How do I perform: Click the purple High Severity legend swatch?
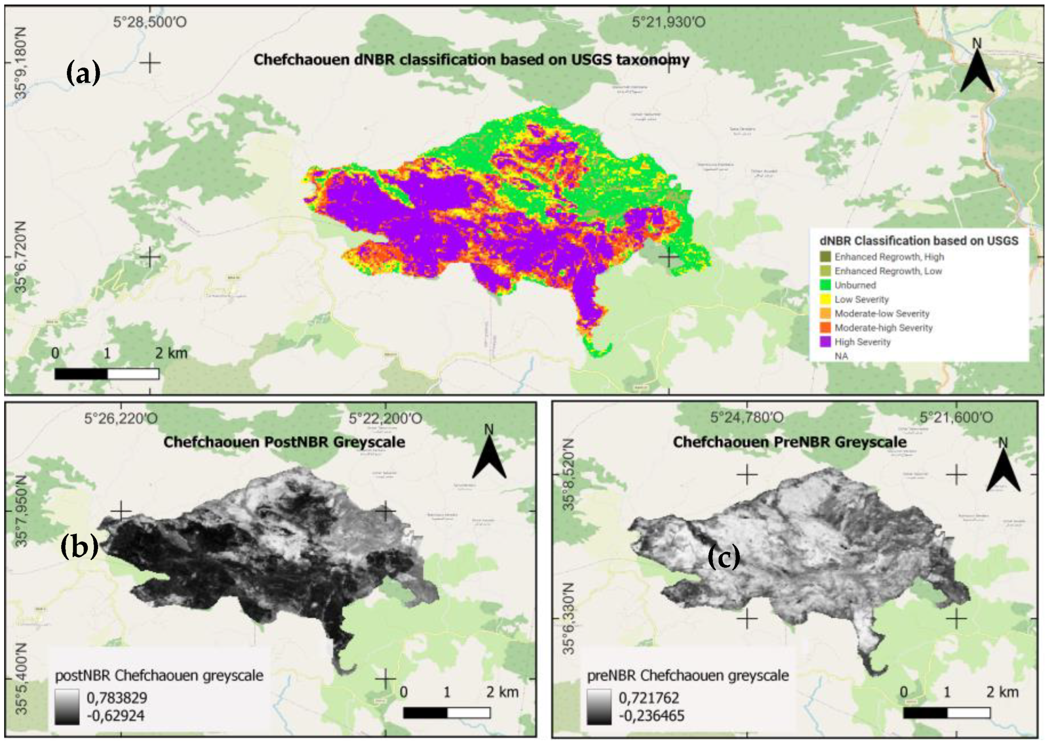pyautogui.click(x=825, y=342)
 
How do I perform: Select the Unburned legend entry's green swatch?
pyautogui.click(x=825, y=285)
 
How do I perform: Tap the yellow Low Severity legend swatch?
pyautogui.click(x=825, y=299)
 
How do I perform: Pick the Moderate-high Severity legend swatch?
pyautogui.click(x=825, y=328)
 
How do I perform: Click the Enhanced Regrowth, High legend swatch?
pyautogui.click(x=825, y=257)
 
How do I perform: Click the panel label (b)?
pyautogui.click(x=79, y=546)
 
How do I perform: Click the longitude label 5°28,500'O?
pyautogui.click(x=150, y=22)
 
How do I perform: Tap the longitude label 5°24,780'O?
pyautogui.click(x=746, y=418)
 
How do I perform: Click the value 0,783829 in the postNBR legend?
pyautogui.click(x=116, y=698)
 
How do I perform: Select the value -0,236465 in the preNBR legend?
pyautogui.click(x=651, y=715)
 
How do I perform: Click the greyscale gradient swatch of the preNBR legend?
pyautogui.click(x=599, y=707)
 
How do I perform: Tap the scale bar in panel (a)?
pyautogui.click(x=106, y=374)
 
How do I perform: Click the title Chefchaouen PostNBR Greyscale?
pyautogui.click(x=284, y=442)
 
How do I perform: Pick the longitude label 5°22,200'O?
pyautogui.click(x=385, y=419)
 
